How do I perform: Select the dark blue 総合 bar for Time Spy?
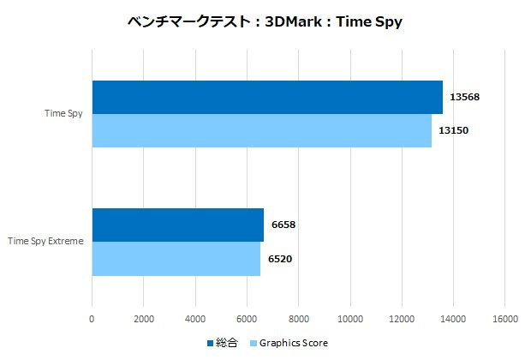coord(266,97)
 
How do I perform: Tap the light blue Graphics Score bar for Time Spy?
coord(261,130)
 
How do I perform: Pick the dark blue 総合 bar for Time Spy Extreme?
coord(177,225)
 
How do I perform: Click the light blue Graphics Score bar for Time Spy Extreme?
coord(176,259)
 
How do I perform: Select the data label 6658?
coord(283,225)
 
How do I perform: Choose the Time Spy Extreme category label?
coord(45,242)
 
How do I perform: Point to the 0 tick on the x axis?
coord(92,319)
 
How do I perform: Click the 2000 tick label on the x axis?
coord(144,319)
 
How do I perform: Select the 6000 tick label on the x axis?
coord(247,319)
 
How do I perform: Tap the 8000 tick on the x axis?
coord(298,319)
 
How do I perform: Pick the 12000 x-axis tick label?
coord(401,319)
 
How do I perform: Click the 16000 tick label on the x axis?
coord(504,319)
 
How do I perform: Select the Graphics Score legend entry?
coord(290,344)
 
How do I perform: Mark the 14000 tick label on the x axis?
coord(452,319)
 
